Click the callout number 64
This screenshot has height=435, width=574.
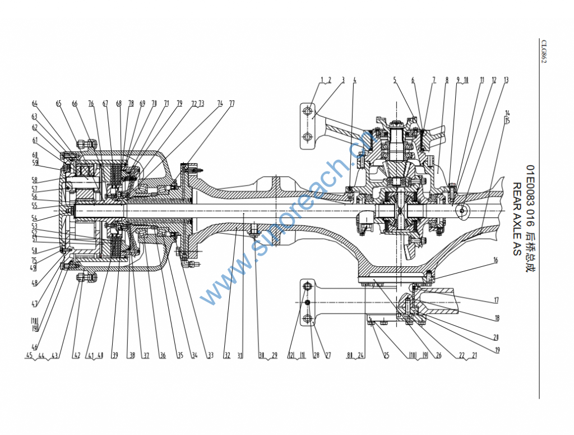(x=35, y=103)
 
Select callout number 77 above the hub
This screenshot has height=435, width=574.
(x=232, y=103)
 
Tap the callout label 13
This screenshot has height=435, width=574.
(x=506, y=80)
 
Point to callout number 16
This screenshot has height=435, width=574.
(x=496, y=260)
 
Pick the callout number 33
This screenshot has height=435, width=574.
(x=210, y=355)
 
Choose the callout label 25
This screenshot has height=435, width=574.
(x=386, y=355)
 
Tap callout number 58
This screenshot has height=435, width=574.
(x=34, y=181)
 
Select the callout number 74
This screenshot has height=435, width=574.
(x=220, y=103)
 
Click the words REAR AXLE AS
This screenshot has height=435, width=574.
(x=516, y=219)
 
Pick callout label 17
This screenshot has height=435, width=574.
(x=496, y=300)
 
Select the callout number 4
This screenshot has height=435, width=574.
(x=354, y=80)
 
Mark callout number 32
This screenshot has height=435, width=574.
(x=226, y=355)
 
